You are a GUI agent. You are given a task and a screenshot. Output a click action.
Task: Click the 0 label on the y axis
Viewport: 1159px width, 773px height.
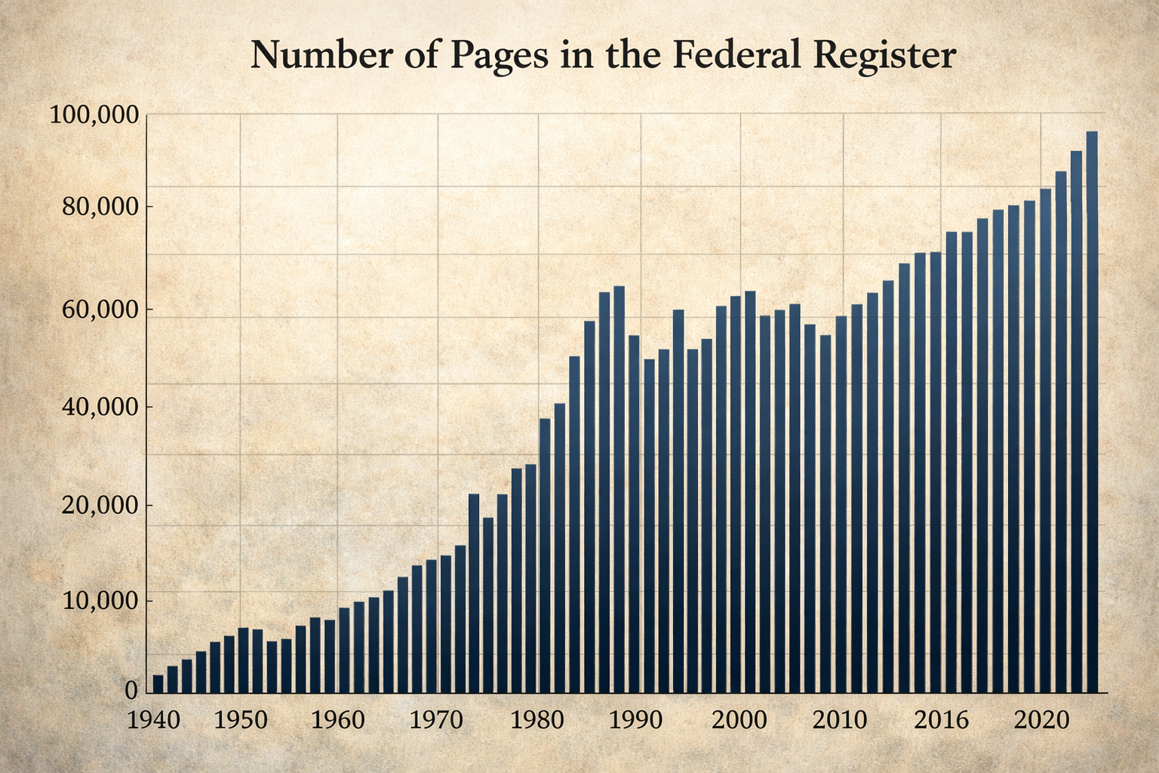point(131,691)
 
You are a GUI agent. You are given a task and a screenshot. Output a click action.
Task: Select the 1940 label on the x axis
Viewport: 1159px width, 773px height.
point(154,719)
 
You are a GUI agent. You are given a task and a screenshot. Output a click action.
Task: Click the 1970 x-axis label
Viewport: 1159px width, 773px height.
point(436,719)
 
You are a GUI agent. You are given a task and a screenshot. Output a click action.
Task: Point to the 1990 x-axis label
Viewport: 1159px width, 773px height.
point(636,719)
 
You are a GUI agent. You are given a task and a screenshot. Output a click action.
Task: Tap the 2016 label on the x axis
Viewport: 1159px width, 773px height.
point(941,719)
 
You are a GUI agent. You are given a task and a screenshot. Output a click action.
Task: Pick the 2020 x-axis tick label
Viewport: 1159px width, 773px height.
point(1041,719)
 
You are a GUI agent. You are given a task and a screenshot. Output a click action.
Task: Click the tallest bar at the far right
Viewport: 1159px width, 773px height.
point(1091,411)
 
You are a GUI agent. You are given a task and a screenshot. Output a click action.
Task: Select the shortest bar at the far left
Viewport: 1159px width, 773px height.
point(158,683)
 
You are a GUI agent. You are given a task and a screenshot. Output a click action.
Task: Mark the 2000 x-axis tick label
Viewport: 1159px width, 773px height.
point(740,719)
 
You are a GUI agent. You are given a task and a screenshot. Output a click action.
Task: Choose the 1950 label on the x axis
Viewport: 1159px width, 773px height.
point(241,719)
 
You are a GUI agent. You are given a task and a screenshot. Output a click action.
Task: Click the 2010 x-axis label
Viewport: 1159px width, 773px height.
point(840,719)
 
